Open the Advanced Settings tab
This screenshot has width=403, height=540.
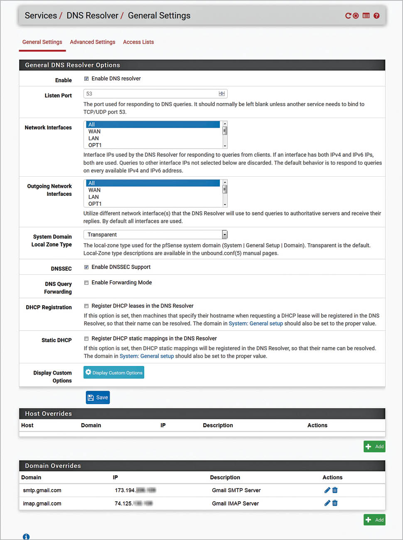[x=92, y=42]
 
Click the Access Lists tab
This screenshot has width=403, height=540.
[x=138, y=42]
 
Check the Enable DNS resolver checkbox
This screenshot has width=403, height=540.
[x=86, y=79]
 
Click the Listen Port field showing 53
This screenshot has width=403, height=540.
[x=152, y=94]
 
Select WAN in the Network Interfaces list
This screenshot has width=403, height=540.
[x=95, y=131]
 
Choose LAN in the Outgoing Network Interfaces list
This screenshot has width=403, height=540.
[x=94, y=197]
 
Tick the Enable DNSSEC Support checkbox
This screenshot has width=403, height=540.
[x=86, y=267]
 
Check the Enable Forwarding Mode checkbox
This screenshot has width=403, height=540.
[x=86, y=283]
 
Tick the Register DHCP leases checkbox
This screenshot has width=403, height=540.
[x=86, y=306]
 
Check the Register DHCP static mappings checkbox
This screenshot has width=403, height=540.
[x=86, y=339]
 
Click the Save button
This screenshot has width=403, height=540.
[x=98, y=397]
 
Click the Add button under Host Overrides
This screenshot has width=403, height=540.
[x=374, y=446]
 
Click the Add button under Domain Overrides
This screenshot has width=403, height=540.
[x=374, y=520]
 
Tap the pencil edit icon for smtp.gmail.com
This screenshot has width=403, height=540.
[x=327, y=490]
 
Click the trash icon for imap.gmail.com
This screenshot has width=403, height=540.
[x=335, y=503]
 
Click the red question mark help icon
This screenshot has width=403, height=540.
[x=376, y=16]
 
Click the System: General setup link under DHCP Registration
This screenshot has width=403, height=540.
[x=256, y=323]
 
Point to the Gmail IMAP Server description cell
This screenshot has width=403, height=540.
[x=235, y=503]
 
